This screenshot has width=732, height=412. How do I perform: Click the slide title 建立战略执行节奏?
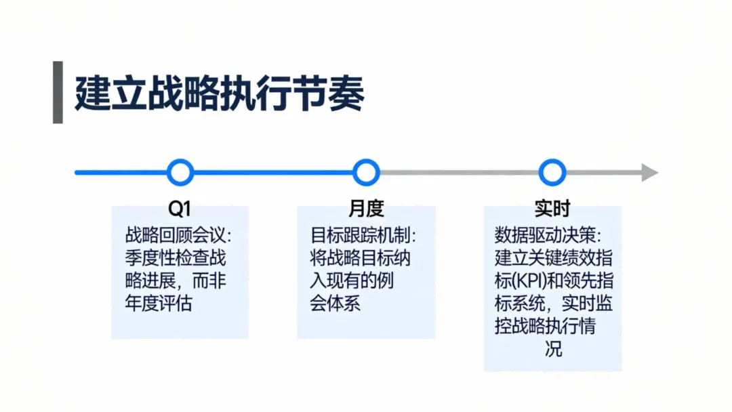(220, 94)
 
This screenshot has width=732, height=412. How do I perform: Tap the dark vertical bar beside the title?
(58, 93)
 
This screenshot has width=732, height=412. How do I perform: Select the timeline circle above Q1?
(180, 172)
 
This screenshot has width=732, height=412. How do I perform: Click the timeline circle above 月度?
(366, 172)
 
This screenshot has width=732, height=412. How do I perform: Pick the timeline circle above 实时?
(552, 172)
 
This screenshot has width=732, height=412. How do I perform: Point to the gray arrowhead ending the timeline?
(649, 173)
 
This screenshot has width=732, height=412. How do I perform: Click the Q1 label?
(180, 208)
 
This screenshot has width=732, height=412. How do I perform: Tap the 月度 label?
(366, 208)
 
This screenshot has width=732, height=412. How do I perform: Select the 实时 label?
(552, 208)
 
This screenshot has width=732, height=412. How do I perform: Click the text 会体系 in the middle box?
(335, 303)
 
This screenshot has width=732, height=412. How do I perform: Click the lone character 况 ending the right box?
(553, 350)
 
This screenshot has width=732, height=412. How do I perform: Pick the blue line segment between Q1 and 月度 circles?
(273, 173)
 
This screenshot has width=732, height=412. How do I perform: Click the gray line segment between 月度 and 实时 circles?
(459, 173)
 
